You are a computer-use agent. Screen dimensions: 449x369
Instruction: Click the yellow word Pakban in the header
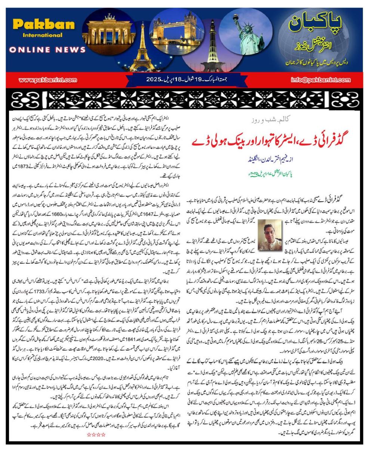(44, 25)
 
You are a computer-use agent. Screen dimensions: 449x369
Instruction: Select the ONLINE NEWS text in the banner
(47, 49)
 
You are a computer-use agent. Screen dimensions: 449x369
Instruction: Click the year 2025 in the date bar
(153, 80)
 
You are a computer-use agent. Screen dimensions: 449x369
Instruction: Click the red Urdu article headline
(267, 141)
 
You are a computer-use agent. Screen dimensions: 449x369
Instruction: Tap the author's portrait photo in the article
(270, 235)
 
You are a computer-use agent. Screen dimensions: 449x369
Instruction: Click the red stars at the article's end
(96, 434)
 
